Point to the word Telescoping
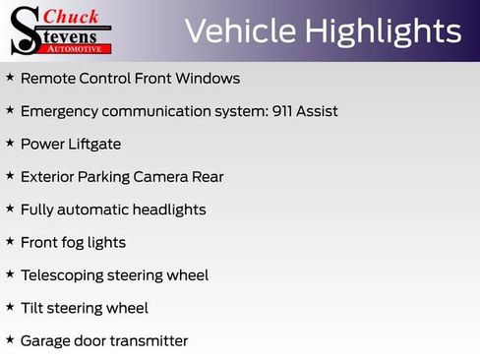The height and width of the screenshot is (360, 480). pos(64,275)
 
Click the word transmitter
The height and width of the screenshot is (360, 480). pos(147,341)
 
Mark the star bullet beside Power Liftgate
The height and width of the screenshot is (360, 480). pos(10,143)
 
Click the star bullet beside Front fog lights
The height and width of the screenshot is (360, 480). pos(10,241)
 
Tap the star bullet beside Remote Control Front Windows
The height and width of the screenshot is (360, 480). pos(10,77)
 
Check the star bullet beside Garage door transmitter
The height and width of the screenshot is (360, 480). pos(10,339)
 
